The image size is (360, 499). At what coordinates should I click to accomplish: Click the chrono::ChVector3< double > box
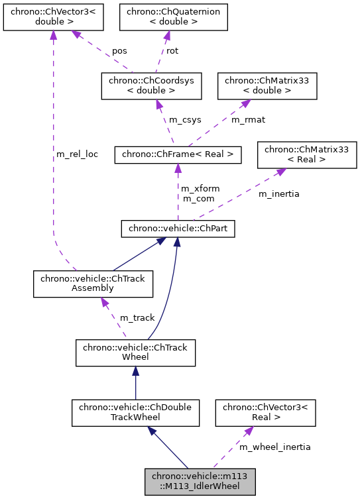click(53, 17)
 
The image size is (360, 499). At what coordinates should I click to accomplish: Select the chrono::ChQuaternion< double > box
click(173, 17)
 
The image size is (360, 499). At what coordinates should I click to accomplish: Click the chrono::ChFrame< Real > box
click(178, 154)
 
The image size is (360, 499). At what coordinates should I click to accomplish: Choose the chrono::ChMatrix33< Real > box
click(307, 154)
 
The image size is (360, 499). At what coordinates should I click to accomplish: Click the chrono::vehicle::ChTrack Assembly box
click(93, 284)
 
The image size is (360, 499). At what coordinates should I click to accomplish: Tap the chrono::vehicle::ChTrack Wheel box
click(135, 353)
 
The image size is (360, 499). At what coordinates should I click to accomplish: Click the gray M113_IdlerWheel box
click(200, 482)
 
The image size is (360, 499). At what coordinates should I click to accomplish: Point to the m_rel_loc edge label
click(76, 154)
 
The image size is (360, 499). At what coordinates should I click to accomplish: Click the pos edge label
click(119, 50)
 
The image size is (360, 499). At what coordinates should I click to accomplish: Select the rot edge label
click(172, 50)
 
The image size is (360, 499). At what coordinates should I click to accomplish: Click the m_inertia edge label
click(278, 194)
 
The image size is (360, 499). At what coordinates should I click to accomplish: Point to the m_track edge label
click(137, 318)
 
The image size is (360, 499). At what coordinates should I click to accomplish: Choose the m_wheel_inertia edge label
click(274, 447)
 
